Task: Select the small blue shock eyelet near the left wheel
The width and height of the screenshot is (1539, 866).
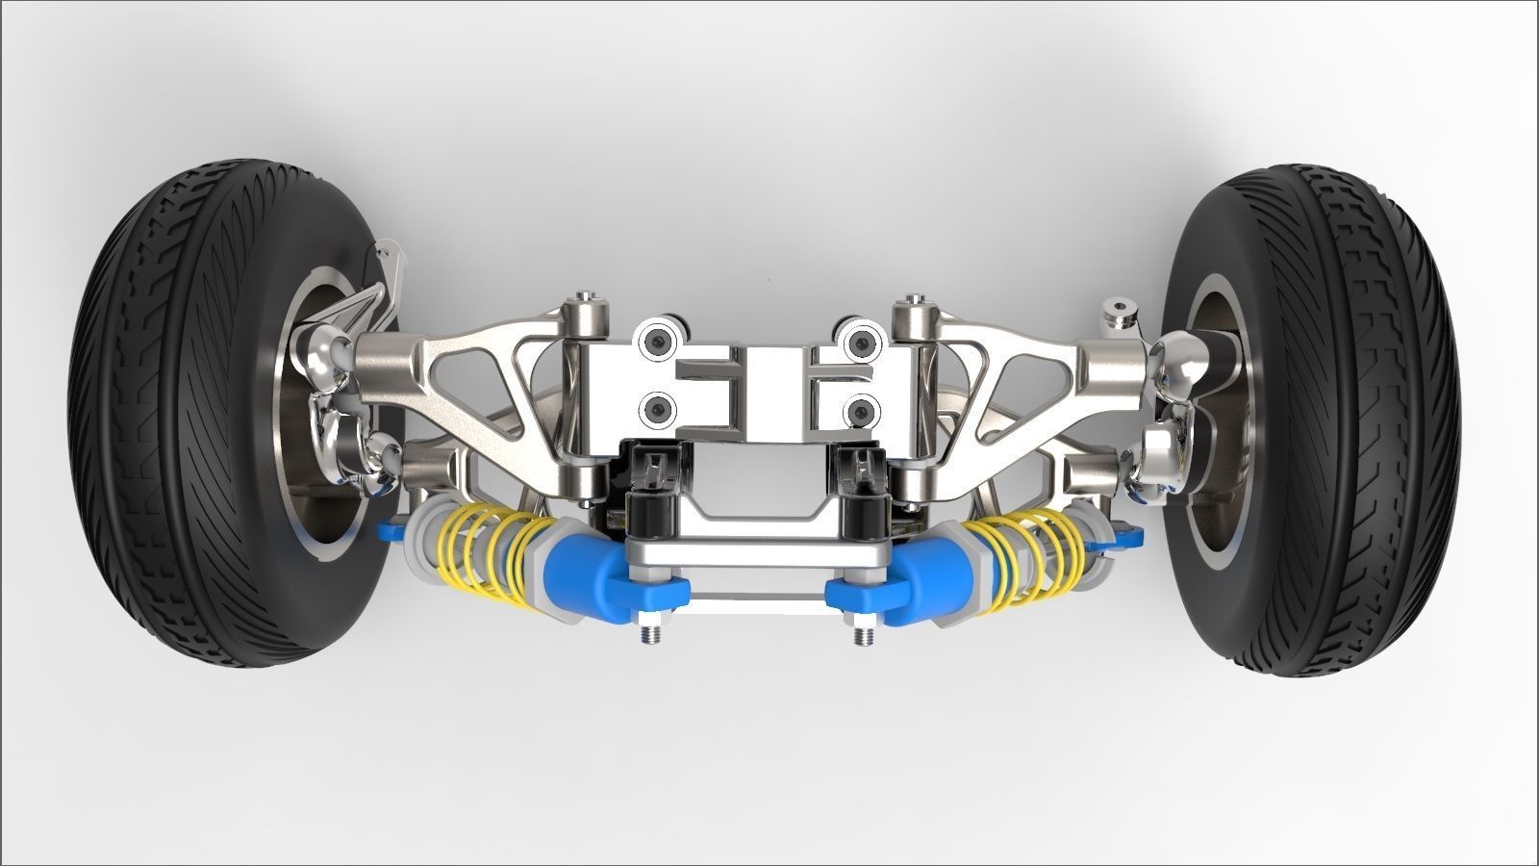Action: point(392,527)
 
